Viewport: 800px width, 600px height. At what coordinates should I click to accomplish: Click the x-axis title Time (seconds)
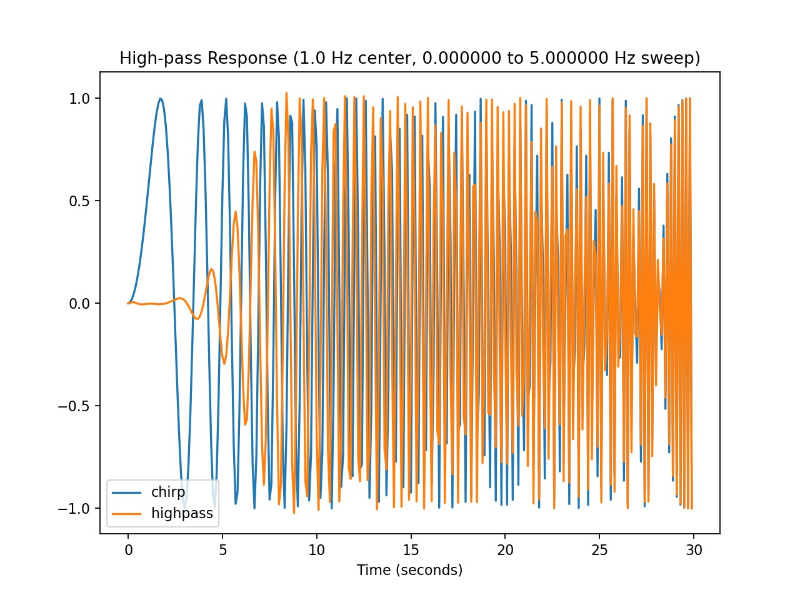(x=409, y=570)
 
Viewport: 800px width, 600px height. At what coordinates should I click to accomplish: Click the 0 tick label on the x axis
(x=128, y=551)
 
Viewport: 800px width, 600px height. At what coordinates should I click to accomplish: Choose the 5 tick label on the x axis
(x=222, y=551)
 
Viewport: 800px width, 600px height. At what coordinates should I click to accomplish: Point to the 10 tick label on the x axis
(x=317, y=551)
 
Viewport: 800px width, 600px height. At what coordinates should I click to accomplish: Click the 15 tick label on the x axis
(x=411, y=551)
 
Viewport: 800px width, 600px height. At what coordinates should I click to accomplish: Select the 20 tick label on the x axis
(x=505, y=551)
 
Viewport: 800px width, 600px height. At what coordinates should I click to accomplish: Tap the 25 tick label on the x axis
(x=599, y=551)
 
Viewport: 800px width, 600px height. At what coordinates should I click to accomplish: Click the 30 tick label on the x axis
(x=694, y=551)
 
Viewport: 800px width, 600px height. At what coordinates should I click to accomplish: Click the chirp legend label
(x=168, y=492)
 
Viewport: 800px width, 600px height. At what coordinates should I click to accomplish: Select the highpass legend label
(x=182, y=514)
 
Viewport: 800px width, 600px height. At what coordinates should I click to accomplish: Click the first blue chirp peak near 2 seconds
(x=160, y=99)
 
